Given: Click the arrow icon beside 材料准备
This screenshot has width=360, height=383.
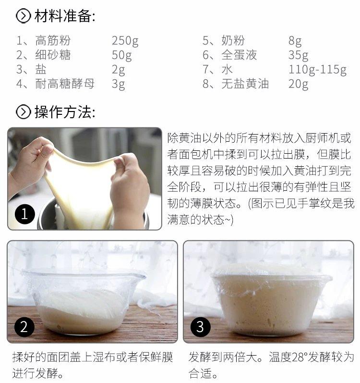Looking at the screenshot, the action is tap(23, 16).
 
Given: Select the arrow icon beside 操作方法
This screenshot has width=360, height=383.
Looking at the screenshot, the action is tap(23, 112).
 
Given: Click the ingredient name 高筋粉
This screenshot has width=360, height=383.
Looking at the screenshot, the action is tap(53, 40).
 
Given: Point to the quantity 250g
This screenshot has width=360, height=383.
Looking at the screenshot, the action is tap(125, 41).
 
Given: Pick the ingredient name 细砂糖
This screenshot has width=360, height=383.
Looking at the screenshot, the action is tap(53, 55).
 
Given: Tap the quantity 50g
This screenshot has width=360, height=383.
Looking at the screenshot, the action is tap(122, 55).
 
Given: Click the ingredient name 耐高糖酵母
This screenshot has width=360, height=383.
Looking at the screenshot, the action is tap(65, 84).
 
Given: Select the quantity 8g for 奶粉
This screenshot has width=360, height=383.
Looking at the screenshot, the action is tap(295, 41).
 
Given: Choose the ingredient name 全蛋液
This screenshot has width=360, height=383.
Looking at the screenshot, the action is tap(239, 55).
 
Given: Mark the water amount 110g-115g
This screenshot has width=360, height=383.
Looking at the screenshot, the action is tap(318, 70).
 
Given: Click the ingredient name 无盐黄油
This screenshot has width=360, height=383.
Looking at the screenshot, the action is tap(245, 84).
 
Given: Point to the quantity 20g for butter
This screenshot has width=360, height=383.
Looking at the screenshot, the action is tap(298, 84).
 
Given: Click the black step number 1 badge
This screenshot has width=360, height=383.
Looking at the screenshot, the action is tap(25, 214).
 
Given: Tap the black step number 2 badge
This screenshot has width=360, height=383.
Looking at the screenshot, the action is tap(24, 327).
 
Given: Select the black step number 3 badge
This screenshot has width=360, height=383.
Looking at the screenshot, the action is tap(200, 327).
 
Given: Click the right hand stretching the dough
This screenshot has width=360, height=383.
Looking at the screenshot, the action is tap(129, 188).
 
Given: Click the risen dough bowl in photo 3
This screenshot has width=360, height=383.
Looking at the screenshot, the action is tap(271, 300).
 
